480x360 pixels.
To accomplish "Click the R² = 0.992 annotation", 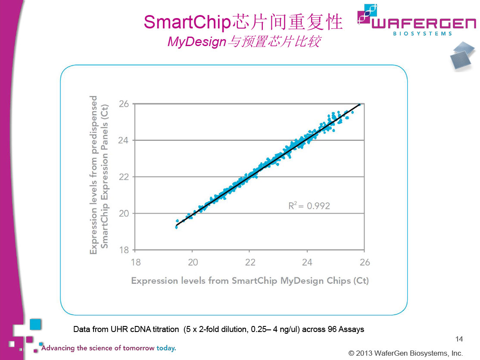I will click(x=309, y=206).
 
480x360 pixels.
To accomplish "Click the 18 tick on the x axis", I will click(x=135, y=262).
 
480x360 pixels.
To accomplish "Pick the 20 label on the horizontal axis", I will click(x=193, y=262).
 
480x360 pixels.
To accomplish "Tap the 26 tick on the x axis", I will click(x=365, y=262).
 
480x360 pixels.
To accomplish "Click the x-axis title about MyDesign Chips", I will click(x=250, y=281).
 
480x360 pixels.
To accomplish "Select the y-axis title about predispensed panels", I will click(x=99, y=174).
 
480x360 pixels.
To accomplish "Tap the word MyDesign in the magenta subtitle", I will click(x=196, y=42).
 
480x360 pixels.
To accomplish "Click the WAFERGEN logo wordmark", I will click(x=422, y=22).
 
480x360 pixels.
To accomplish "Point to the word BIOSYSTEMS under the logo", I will click(x=422, y=34).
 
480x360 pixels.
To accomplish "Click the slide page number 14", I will click(x=459, y=339).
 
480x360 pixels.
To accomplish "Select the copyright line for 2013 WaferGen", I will click(x=405, y=353).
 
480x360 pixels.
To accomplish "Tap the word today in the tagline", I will click(x=166, y=348).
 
